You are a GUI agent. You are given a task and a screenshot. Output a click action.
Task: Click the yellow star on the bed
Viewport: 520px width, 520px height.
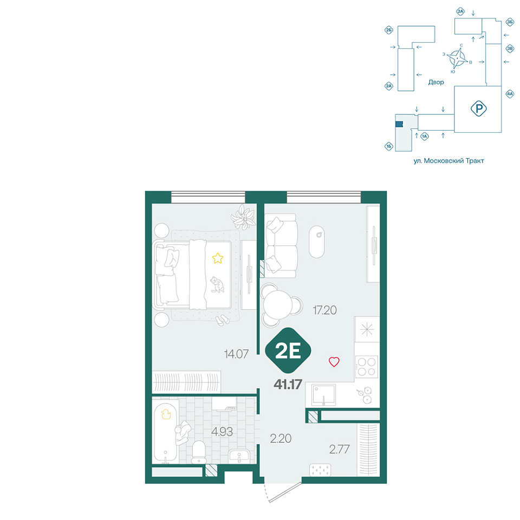point(218,258)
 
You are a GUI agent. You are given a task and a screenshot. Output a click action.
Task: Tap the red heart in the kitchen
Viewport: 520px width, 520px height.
point(334,361)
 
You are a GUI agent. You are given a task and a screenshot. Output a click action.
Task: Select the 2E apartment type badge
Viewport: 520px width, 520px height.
point(288,350)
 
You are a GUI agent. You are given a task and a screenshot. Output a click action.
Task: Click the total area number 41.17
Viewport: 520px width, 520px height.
point(288,385)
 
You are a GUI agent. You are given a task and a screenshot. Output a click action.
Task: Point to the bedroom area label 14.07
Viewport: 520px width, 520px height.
point(236,354)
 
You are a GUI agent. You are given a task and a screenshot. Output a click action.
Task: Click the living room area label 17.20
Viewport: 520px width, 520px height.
point(324,310)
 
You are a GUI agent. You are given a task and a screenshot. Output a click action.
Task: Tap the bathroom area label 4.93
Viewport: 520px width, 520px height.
point(222,432)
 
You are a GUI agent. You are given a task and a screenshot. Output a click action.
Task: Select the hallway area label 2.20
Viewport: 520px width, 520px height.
point(281,438)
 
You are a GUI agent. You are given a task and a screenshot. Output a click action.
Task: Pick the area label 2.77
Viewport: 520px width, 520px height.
point(339,450)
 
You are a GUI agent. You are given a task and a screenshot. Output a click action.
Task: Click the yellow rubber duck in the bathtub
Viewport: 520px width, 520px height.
point(166,414)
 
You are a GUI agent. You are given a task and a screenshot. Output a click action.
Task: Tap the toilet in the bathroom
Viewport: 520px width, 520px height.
point(199,452)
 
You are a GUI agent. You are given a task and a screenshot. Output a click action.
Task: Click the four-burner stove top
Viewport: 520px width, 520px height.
point(367,367)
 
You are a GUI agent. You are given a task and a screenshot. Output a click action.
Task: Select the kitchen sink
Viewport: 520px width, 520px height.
point(323,395)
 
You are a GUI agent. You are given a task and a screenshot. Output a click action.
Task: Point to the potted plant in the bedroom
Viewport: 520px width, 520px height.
point(244,217)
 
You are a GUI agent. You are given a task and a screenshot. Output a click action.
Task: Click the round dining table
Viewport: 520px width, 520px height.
point(277,305)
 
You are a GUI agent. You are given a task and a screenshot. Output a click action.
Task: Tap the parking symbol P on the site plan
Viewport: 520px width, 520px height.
point(478,108)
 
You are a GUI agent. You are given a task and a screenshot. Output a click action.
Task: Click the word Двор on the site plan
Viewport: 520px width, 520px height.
point(435,82)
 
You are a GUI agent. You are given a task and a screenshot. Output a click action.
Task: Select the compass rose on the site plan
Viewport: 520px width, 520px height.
point(457,58)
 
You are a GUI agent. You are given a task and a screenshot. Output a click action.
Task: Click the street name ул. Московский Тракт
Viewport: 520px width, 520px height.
point(448,161)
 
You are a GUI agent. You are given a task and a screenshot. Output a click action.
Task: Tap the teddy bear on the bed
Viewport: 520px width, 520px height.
point(217,285)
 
